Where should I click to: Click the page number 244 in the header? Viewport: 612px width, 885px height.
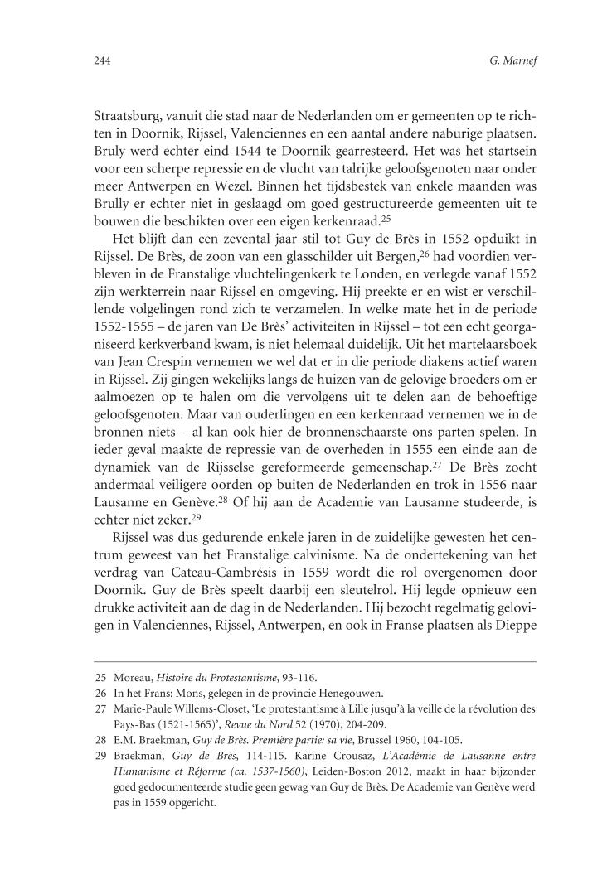103,60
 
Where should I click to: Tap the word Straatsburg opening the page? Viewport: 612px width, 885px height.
129,117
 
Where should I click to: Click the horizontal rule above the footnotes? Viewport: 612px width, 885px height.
314,661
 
